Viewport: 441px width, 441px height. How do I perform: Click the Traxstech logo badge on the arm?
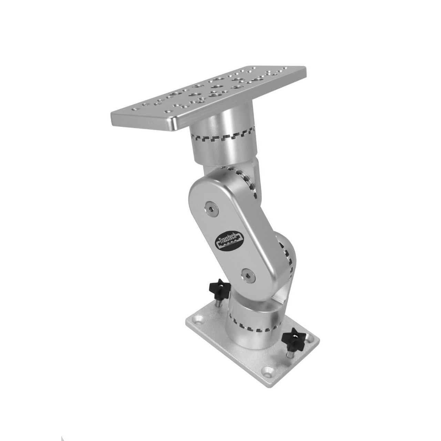pyautogui.click(x=229, y=239)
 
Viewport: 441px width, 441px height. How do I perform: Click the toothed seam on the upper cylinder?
pyautogui.click(x=220, y=140)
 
